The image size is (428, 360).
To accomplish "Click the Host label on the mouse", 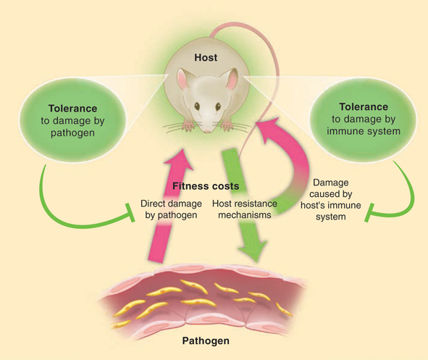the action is tap(206, 58).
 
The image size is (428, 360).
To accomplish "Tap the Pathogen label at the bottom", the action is tap(206, 341).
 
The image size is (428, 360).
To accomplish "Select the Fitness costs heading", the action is tap(206, 186).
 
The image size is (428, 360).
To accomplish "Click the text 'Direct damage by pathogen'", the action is tap(171, 209).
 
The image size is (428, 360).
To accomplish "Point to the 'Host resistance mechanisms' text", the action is tap(245, 209).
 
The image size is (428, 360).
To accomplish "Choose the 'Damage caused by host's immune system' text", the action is tap(331, 199).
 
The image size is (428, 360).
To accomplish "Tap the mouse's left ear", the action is tap(182, 79).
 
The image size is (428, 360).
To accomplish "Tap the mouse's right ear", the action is tap(232, 79).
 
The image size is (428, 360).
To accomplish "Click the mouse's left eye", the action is tap(197, 106).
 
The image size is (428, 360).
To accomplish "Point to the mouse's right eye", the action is tap(218, 106).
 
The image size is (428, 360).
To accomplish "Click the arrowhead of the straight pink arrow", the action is tap(180, 159).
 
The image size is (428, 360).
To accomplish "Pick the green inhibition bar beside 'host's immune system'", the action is tap(369, 213).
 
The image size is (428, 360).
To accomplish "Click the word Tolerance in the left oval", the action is tap(73, 109).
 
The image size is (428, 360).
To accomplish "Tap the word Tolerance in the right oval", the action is tap(364, 106).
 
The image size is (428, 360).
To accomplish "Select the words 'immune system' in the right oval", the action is tap(364, 131).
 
